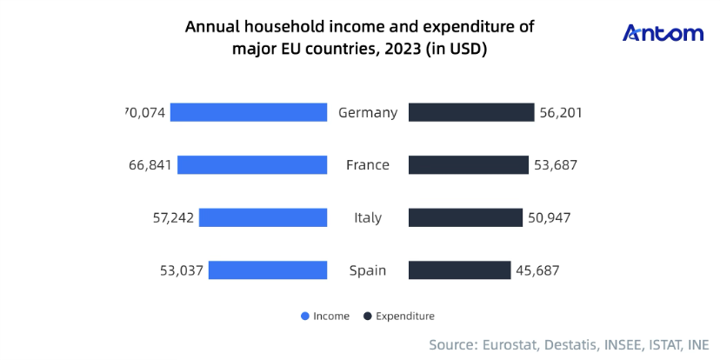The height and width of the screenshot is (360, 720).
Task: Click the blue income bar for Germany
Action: tap(249, 112)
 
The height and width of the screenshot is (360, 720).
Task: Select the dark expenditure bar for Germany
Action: tap(470, 112)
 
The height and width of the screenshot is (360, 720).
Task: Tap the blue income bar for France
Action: tap(252, 165)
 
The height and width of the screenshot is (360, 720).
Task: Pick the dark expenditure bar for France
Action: tap(468, 165)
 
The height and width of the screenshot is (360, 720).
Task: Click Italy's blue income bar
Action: tap(263, 217)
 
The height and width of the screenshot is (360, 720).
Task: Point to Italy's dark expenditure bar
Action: tap(465, 217)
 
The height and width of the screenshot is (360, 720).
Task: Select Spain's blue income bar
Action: tap(268, 270)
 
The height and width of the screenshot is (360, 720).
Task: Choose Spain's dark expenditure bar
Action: tap(459, 270)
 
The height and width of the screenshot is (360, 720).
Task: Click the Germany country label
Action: tap(368, 113)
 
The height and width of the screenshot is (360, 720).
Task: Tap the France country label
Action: tap(368, 165)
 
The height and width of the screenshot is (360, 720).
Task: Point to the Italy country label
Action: tap(368, 218)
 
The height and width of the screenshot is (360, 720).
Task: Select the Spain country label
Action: tap(368, 270)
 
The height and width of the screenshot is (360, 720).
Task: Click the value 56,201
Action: tap(562, 113)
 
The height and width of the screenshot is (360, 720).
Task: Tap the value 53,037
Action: tap(181, 270)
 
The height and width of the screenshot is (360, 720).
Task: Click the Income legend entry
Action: tap(325, 317)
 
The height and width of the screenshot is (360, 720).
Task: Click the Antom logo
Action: tap(663, 34)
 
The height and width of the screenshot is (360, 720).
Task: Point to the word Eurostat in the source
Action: tap(509, 345)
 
